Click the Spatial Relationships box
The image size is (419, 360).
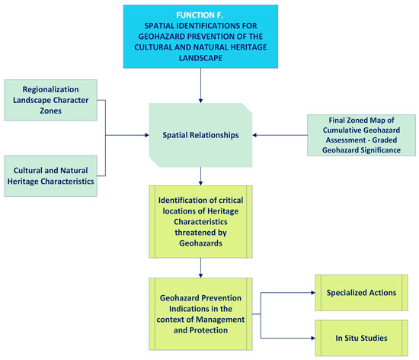200,134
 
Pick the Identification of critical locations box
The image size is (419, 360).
200,221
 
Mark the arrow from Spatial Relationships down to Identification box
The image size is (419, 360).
200,178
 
